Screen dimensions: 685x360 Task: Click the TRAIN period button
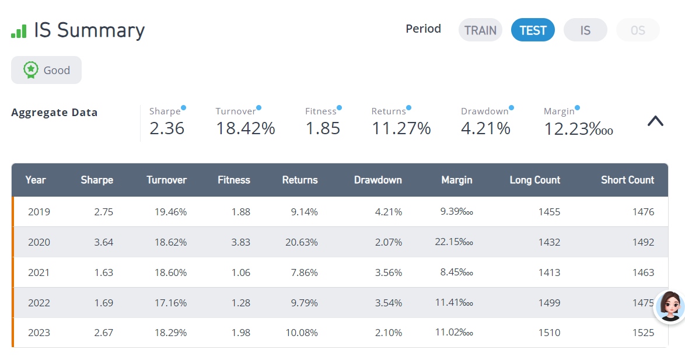tap(480, 30)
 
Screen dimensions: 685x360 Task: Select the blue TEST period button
tap(533, 30)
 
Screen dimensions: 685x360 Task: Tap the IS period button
tap(585, 30)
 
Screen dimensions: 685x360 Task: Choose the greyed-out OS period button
tap(638, 30)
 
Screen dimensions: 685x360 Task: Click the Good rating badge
tap(46, 70)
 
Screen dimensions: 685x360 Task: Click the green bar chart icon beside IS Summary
tap(19, 31)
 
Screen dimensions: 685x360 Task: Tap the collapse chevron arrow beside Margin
tap(655, 121)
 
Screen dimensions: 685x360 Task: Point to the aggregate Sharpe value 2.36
tap(167, 128)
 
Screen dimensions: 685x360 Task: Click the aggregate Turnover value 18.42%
tap(246, 128)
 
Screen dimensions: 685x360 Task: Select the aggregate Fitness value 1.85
tap(323, 128)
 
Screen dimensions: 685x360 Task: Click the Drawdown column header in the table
tap(378, 180)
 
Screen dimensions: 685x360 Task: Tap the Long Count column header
tap(534, 180)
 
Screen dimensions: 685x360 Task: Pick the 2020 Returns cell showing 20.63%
tap(302, 242)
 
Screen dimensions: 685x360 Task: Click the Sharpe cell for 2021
tap(103, 272)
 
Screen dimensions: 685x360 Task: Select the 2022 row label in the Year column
tap(39, 303)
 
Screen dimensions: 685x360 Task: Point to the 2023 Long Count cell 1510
tap(549, 333)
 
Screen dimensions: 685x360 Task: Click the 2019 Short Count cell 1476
tap(644, 212)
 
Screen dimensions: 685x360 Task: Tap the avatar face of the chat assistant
tap(670, 306)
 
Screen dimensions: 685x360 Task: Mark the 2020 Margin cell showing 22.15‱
tap(454, 242)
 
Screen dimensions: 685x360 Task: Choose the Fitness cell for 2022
tap(241, 303)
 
